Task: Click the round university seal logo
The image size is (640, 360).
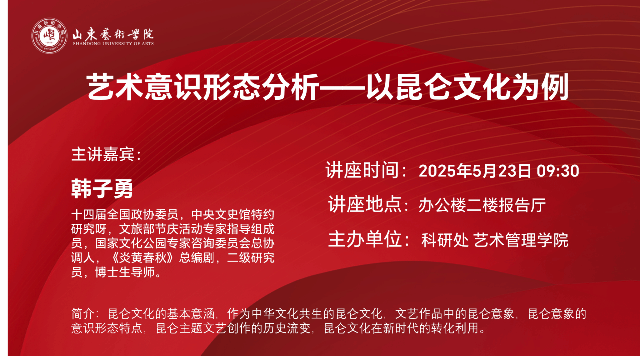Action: [49, 36]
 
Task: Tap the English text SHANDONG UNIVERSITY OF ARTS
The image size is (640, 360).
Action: [113, 44]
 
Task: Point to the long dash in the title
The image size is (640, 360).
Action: [342, 88]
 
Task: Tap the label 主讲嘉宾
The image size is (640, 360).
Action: [103, 154]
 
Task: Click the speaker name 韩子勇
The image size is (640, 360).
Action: [102, 188]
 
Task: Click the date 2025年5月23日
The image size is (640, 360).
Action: [475, 171]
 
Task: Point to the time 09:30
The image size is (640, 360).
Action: [558, 171]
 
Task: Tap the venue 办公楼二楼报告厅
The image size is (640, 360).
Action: [482, 205]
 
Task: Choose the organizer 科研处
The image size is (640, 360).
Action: [445, 240]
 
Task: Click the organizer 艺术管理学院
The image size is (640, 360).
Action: [521, 240]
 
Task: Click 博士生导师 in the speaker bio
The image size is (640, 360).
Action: [125, 272]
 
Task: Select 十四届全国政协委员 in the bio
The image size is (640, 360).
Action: [125, 214]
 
